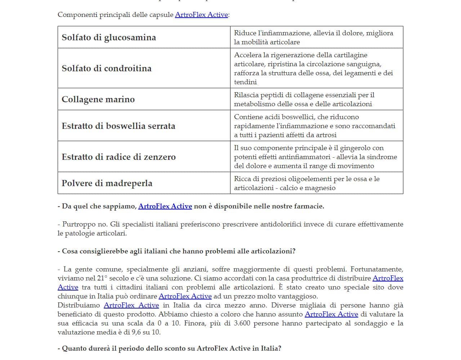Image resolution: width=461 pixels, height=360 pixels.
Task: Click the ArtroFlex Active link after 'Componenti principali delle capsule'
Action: pyautogui.click(x=201, y=15)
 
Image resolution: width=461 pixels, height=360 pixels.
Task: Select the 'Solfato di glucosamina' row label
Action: pyautogui.click(x=109, y=37)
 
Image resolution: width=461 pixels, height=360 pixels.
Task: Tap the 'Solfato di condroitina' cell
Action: pyautogui.click(x=107, y=68)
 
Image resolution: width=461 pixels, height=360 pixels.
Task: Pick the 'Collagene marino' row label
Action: pyautogui.click(x=98, y=99)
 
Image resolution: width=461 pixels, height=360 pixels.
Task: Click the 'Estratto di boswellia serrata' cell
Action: pyautogui.click(x=118, y=126)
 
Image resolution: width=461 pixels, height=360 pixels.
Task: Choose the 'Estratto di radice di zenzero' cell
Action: pyautogui.click(x=118, y=157)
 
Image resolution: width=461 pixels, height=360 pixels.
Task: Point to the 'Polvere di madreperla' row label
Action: pyautogui.click(x=107, y=183)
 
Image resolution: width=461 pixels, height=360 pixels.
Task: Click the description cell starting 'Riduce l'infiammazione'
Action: pyautogui.click(x=313, y=37)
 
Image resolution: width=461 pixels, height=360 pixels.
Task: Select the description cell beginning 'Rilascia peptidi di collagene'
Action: pyautogui.click(x=304, y=99)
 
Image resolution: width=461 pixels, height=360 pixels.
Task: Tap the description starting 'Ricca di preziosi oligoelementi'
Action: pyautogui.click(x=306, y=183)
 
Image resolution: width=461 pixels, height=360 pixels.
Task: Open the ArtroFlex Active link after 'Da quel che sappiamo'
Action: pyautogui.click(x=165, y=206)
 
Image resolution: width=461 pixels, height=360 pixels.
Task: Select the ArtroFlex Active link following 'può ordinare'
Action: pyautogui.click(x=185, y=296)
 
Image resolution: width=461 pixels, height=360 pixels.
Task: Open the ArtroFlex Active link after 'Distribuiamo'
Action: pyautogui.click(x=131, y=305)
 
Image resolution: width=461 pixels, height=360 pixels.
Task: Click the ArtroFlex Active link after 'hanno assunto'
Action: pyautogui.click(x=331, y=314)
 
